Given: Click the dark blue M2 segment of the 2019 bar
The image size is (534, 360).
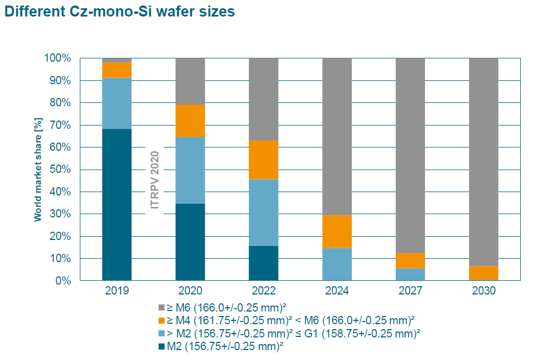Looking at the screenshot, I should pos(117,204).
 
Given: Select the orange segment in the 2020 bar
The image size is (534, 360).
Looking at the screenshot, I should pos(190,121).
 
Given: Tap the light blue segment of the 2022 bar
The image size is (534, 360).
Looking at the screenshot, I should pos(263,212).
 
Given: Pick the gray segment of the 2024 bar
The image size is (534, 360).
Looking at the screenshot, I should pos(337,136).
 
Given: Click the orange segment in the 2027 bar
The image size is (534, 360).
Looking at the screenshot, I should pos(410,260).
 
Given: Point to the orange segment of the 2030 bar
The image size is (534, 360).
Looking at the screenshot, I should pos(483,272).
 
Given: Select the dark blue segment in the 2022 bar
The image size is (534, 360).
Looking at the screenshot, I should pos(263,263).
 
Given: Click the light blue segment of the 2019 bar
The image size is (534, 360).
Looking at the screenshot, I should pos(117,103).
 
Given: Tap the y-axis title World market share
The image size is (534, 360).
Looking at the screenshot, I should pos(38,168).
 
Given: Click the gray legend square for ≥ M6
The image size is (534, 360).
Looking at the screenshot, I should pos(161,307).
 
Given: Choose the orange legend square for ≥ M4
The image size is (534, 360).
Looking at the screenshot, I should pos(161,320).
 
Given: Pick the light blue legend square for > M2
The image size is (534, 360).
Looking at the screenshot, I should pos(161,333).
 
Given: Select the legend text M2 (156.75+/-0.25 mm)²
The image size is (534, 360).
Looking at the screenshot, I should pos(225,346).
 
